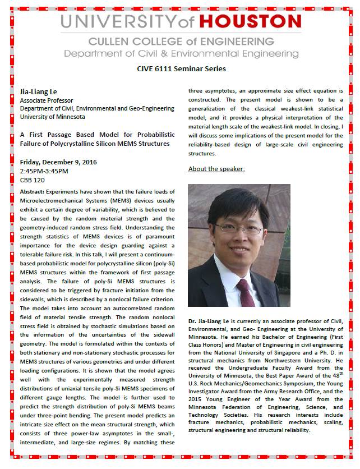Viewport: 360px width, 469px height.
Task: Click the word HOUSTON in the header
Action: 255,22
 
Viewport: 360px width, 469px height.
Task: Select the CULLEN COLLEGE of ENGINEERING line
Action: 181,42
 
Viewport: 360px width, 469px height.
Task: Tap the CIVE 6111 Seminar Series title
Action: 182,68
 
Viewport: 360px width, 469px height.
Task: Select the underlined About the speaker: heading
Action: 216,169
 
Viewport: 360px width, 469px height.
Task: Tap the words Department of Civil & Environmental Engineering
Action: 181,53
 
